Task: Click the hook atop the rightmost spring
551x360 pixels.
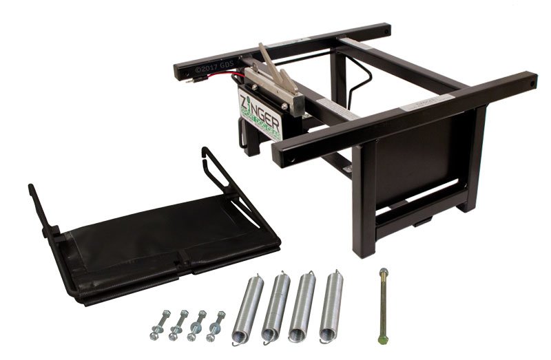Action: click(x=334, y=274)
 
